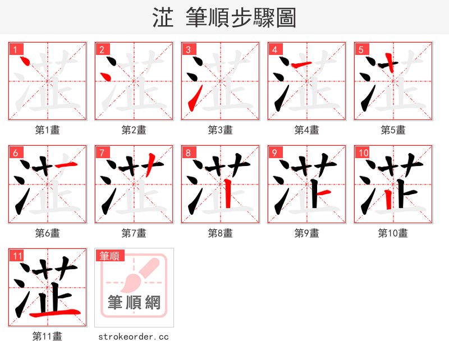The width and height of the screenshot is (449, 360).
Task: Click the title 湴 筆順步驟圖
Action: click(x=224, y=18)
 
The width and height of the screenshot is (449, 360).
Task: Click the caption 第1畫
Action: click(x=48, y=130)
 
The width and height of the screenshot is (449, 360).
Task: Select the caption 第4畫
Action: click(x=307, y=130)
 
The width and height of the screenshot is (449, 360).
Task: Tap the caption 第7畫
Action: click(x=134, y=233)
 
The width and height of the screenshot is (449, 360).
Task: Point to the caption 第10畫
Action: click(x=393, y=233)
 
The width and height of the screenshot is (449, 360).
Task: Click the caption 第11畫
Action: click(x=48, y=337)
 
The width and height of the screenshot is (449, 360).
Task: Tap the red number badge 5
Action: click(x=361, y=49)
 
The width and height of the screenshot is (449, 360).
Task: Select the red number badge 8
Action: click(x=188, y=153)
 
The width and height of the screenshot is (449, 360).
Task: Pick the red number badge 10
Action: click(x=363, y=153)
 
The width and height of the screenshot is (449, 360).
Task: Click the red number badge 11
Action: click(x=17, y=256)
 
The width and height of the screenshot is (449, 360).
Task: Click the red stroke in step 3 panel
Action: click(x=192, y=100)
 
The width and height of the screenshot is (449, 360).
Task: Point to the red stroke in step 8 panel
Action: click(x=228, y=194)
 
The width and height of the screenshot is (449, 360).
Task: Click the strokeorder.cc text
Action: click(x=134, y=337)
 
